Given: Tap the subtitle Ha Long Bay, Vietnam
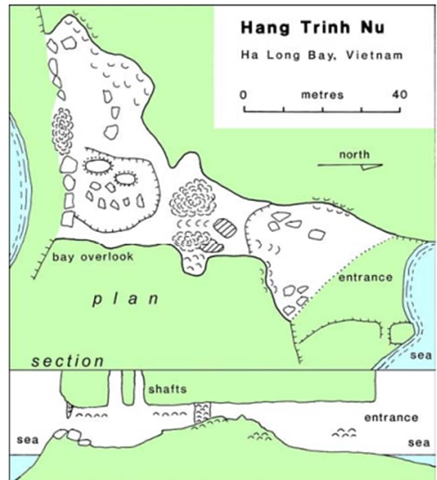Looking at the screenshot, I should coord(321,55).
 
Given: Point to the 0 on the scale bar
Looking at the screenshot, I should coord(243,94).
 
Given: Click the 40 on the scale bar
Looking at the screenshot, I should coord(399,94).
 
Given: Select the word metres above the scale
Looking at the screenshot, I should coord(322,94).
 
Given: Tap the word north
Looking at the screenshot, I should coord(354,155).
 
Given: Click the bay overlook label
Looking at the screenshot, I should coord(93,257).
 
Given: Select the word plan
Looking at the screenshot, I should coord(126,299).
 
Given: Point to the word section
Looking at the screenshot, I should coord(68,361).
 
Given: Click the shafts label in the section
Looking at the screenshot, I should coord(167,389).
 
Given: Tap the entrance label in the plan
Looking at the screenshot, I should coord(365,277).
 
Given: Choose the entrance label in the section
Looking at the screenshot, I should coord(391,417).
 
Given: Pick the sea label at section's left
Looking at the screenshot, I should coord(27,440).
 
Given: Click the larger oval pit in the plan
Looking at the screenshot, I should coord(97,165).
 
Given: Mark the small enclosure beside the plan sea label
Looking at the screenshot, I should coord(401,332).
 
